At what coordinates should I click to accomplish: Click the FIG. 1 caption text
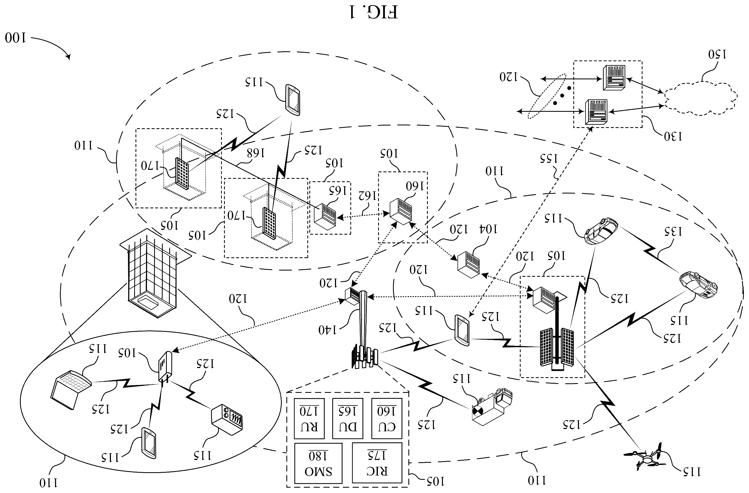click(x=374, y=12)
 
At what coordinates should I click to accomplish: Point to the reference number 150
click(x=717, y=54)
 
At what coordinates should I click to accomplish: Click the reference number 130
click(x=673, y=136)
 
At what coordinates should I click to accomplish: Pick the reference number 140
click(x=328, y=330)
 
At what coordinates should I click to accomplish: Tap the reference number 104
click(x=488, y=229)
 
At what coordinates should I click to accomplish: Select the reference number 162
click(x=368, y=196)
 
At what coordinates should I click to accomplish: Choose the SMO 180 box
click(x=318, y=463)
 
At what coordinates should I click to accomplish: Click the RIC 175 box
click(x=377, y=463)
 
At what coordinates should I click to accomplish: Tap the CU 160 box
click(x=387, y=418)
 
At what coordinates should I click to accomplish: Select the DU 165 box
click(x=348, y=418)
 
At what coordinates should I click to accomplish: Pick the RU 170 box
click(x=309, y=418)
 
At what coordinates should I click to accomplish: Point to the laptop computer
click(x=70, y=390)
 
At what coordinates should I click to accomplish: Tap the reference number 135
click(x=673, y=231)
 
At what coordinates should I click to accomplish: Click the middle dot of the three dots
click(x=562, y=95)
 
